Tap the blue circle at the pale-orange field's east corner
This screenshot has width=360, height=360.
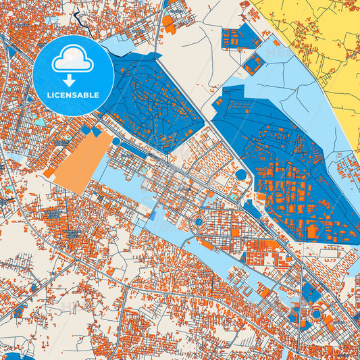pos(116,141)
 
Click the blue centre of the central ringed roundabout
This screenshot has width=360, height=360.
pos(199,221)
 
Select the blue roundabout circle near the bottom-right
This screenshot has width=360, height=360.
pos(315,313)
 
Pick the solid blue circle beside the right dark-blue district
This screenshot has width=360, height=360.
pos(241,175)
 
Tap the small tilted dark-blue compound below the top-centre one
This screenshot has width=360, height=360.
pos(255,64)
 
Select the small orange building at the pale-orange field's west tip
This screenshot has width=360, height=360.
pos(49,174)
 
